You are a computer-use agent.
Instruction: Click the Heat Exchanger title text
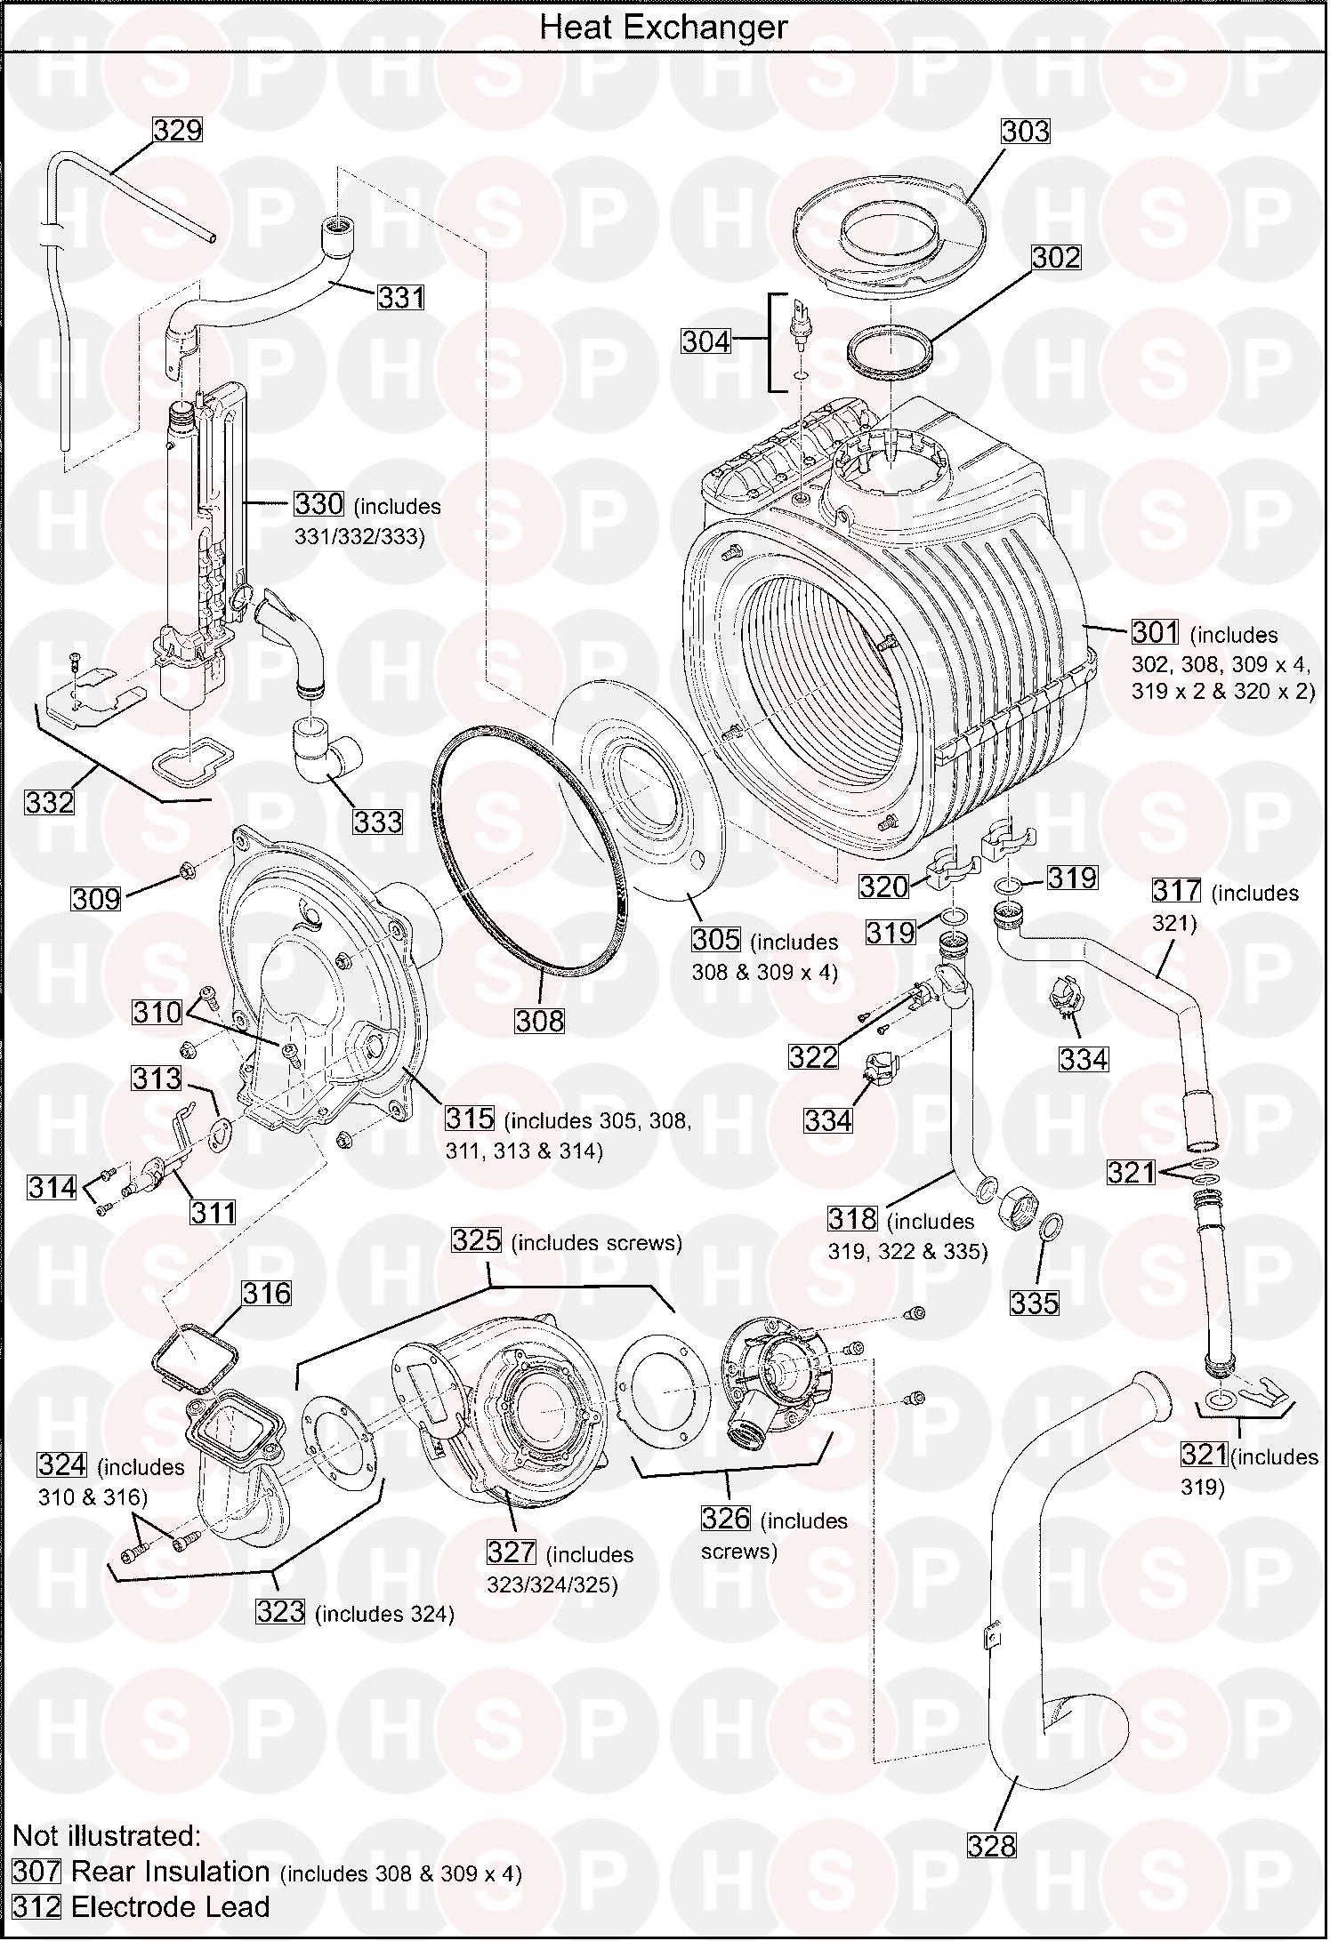[x=664, y=28]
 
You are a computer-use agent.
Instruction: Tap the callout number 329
[x=178, y=131]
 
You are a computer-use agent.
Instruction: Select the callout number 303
[x=1026, y=132]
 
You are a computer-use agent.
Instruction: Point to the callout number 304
[x=706, y=341]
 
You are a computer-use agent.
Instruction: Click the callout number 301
[x=1156, y=633]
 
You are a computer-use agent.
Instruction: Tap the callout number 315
[x=470, y=1119]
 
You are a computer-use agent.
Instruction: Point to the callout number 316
[x=268, y=1293]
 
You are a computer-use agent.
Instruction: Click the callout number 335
[x=1035, y=1303]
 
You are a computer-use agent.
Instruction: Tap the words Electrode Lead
[x=170, y=1907]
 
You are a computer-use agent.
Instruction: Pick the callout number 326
[x=726, y=1518]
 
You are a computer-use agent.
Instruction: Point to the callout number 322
[x=813, y=1056]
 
